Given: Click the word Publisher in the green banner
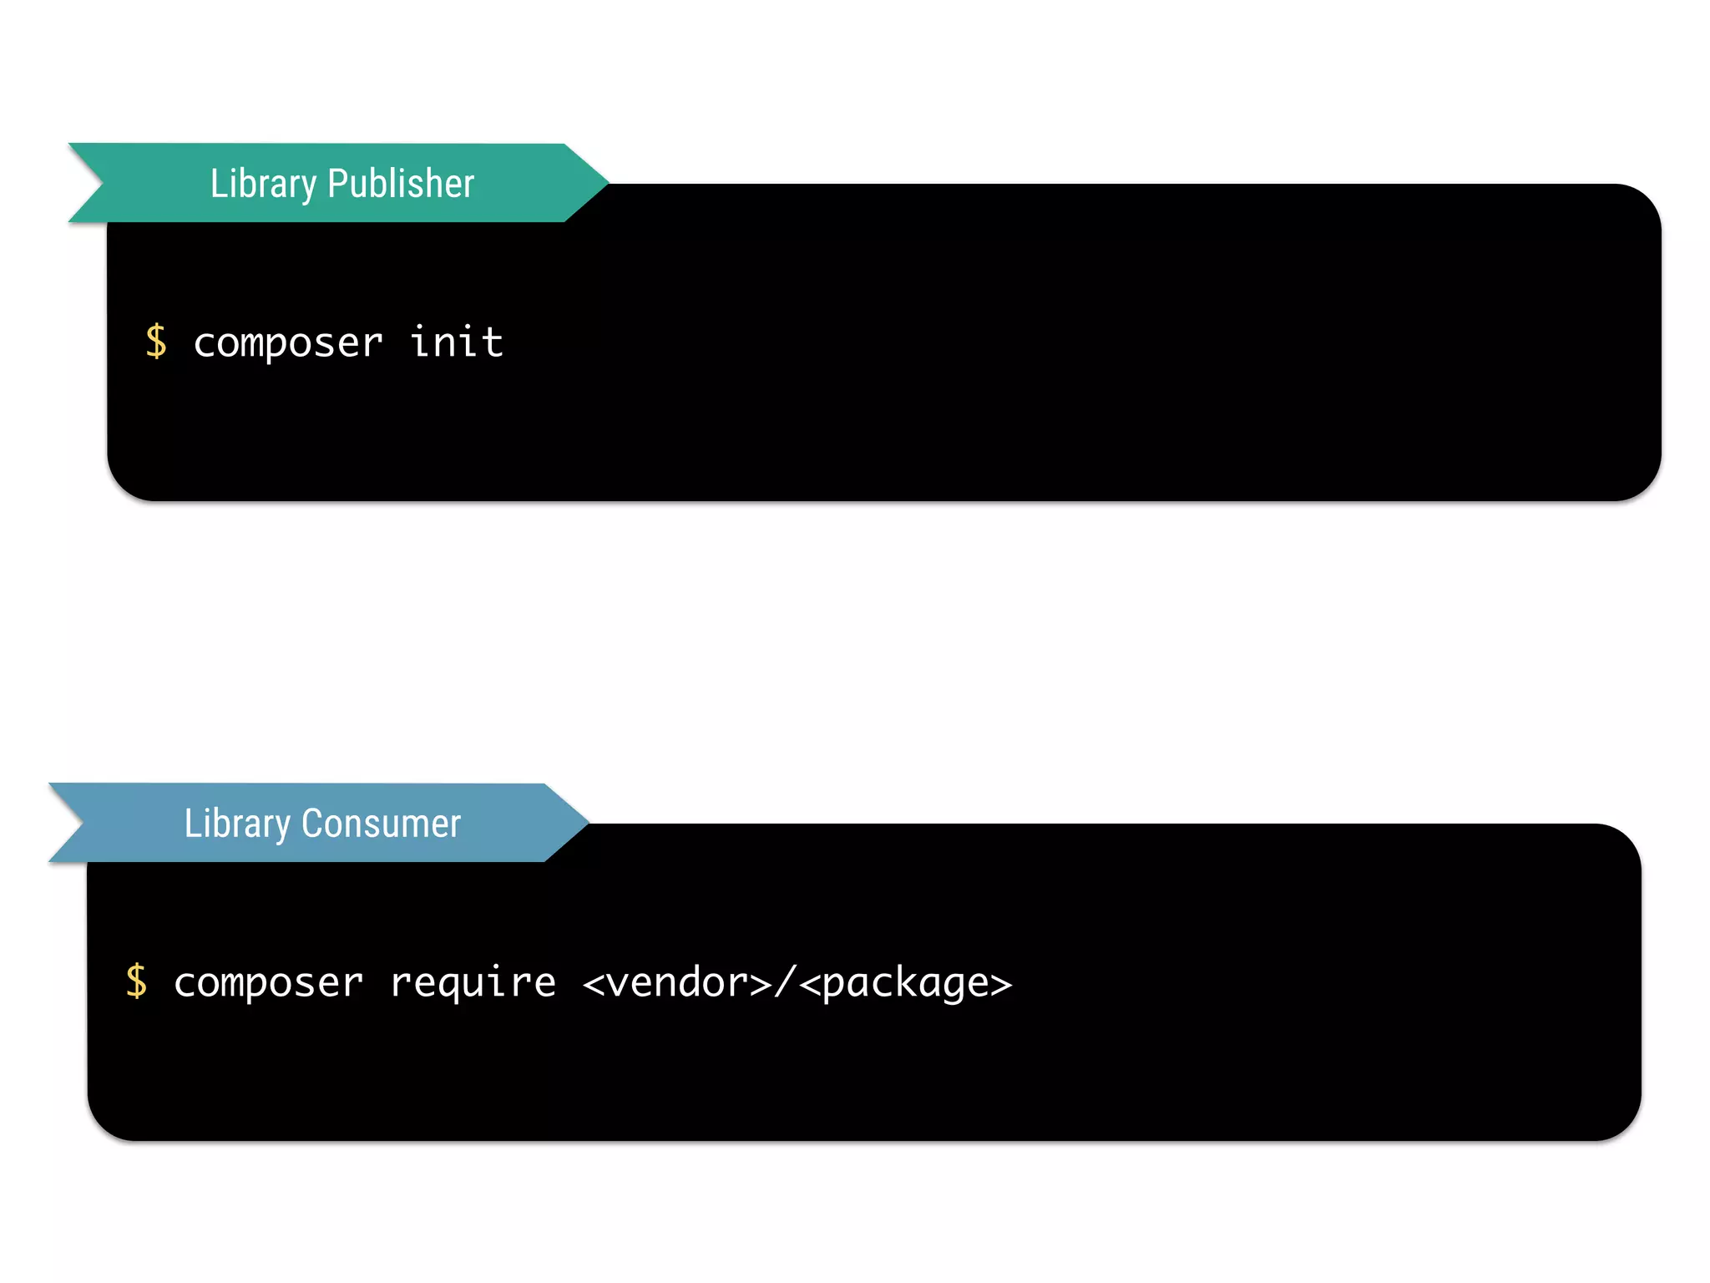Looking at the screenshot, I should [401, 184].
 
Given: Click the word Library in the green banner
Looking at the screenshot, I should [263, 184].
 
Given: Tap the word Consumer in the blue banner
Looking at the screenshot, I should [381, 824].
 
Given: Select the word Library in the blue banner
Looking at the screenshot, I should [237, 824].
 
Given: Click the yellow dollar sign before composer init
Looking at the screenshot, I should [156, 342].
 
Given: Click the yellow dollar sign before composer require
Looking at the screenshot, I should [136, 981].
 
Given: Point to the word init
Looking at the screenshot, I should [457, 342].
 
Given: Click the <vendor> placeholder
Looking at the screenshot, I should [677, 982].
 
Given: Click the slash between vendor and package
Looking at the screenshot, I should [785, 981].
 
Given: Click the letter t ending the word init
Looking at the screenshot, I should [491, 342].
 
